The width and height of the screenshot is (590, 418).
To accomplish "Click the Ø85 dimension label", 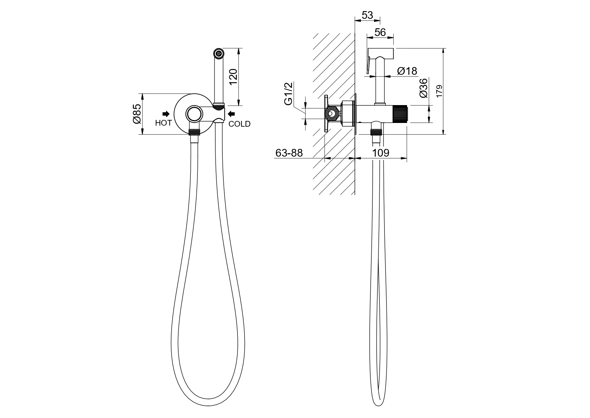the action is tap(137, 114).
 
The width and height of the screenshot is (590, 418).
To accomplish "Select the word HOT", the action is tap(163, 123).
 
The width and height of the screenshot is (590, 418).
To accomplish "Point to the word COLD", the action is tap(239, 124).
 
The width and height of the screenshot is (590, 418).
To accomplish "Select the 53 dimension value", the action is tap(367, 15).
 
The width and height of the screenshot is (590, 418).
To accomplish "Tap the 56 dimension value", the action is tap(380, 32).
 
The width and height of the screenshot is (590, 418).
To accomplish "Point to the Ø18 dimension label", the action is tap(407, 71).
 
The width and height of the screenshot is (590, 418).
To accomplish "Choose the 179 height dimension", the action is tap(439, 92).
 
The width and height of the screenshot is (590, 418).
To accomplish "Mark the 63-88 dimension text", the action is tap(289, 153).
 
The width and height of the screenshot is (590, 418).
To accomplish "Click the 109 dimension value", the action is tap(381, 153).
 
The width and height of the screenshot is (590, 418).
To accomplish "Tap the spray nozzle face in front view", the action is tap(219, 53).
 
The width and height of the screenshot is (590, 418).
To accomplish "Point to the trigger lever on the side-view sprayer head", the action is tap(368, 66).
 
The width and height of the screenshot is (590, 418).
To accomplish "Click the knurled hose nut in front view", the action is tap(194, 132).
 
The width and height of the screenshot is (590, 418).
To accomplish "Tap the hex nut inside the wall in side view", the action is tap(331, 114).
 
